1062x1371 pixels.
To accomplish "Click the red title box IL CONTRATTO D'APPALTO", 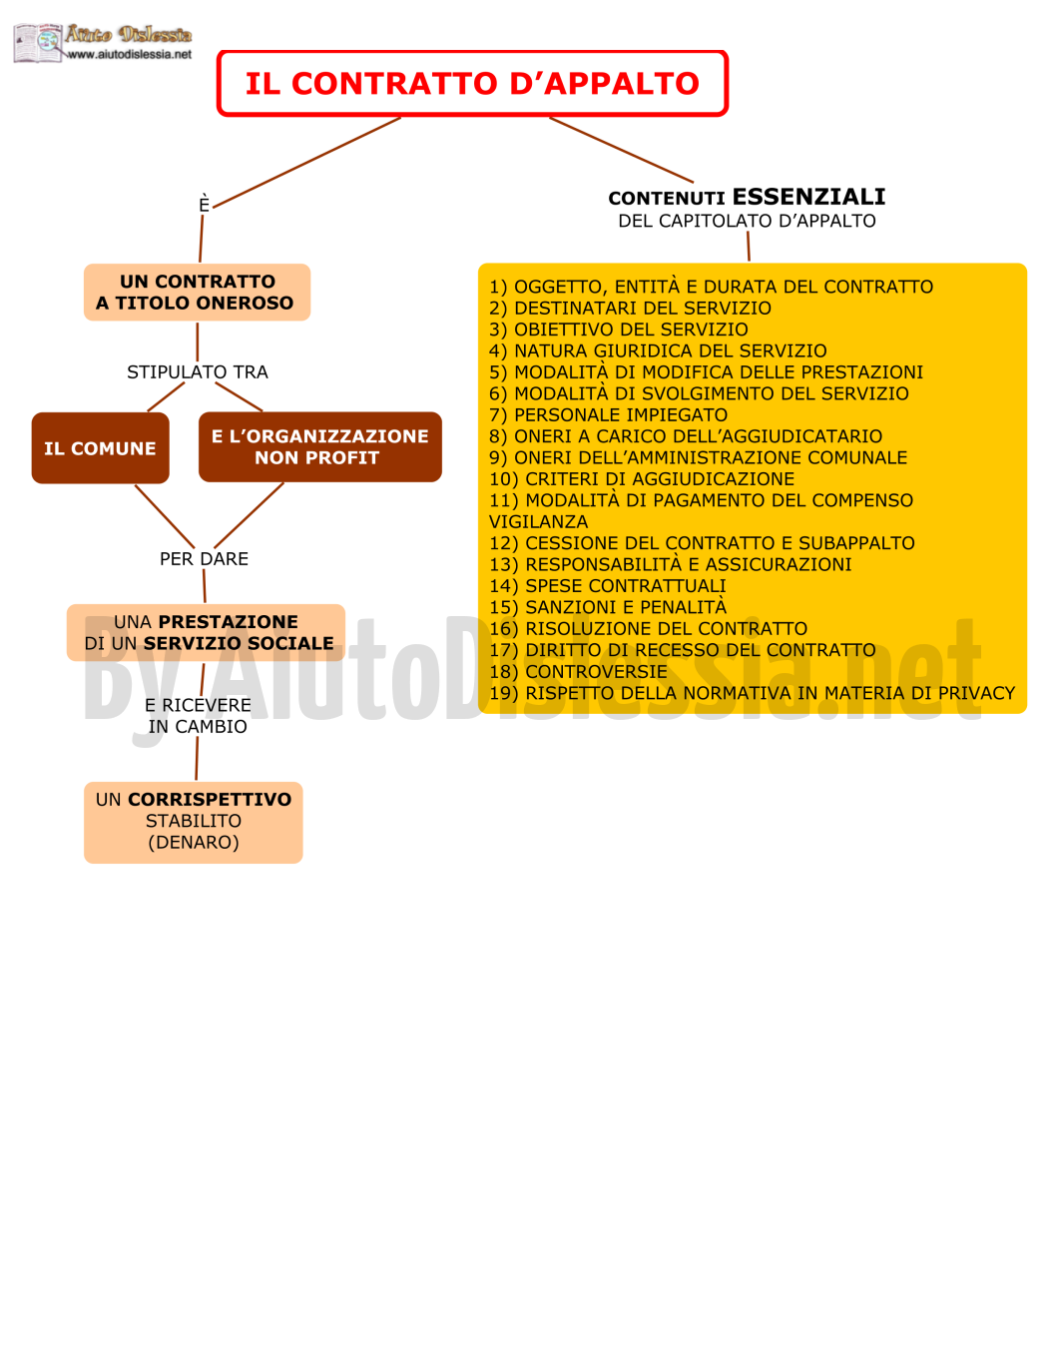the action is pyautogui.click(x=472, y=83).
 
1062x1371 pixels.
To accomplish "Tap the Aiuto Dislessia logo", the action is pyautogui.click(x=103, y=43).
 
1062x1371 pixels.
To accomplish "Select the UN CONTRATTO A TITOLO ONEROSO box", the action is pyautogui.click(x=198, y=293).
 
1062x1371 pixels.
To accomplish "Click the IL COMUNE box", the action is pyautogui.click(x=100, y=448).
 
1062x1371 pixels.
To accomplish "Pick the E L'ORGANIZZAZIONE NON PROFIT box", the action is pyautogui.click(x=320, y=446).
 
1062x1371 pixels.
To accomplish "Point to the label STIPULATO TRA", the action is pyautogui.click(x=198, y=372).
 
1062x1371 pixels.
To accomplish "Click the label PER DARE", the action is pyautogui.click(x=204, y=559).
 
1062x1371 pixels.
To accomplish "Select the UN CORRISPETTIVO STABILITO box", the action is pyautogui.click(x=194, y=822).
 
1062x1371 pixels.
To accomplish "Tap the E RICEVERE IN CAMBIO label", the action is pyautogui.click(x=198, y=716).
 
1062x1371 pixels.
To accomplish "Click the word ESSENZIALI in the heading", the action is pyautogui.click(x=809, y=197).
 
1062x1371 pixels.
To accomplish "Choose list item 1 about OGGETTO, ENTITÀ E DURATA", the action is pyautogui.click(x=712, y=287).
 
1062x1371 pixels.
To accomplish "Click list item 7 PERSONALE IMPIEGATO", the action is pyautogui.click(x=609, y=415).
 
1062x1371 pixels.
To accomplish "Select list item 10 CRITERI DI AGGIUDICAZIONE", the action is pyautogui.click(x=642, y=479).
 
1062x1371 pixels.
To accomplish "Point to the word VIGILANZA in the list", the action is pyautogui.click(x=539, y=522).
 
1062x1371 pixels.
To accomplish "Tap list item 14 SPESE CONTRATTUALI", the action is pyautogui.click(x=608, y=586).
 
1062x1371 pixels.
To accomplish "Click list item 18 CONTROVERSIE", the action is pyautogui.click(x=578, y=672).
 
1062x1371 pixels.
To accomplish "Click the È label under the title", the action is pyautogui.click(x=204, y=204).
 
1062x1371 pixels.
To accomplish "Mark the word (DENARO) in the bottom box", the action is pyautogui.click(x=194, y=843).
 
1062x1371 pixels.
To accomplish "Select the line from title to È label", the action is pyautogui.click(x=307, y=162).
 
